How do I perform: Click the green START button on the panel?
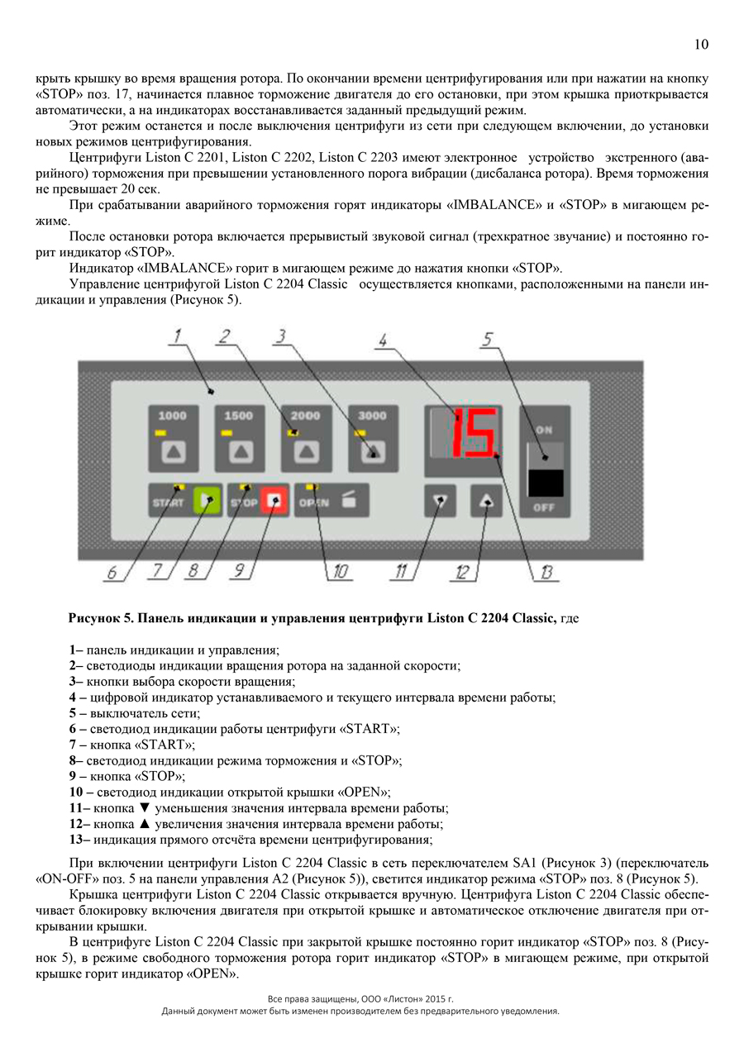coord(204,499)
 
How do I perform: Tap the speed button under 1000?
coord(173,451)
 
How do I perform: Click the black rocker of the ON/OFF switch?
coord(544,482)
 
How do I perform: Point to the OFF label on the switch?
coord(544,507)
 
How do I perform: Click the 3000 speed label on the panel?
coord(372,416)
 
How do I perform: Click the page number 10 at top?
coord(700,45)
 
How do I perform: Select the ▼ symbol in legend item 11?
coord(145,808)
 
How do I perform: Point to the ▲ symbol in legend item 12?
coord(145,824)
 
